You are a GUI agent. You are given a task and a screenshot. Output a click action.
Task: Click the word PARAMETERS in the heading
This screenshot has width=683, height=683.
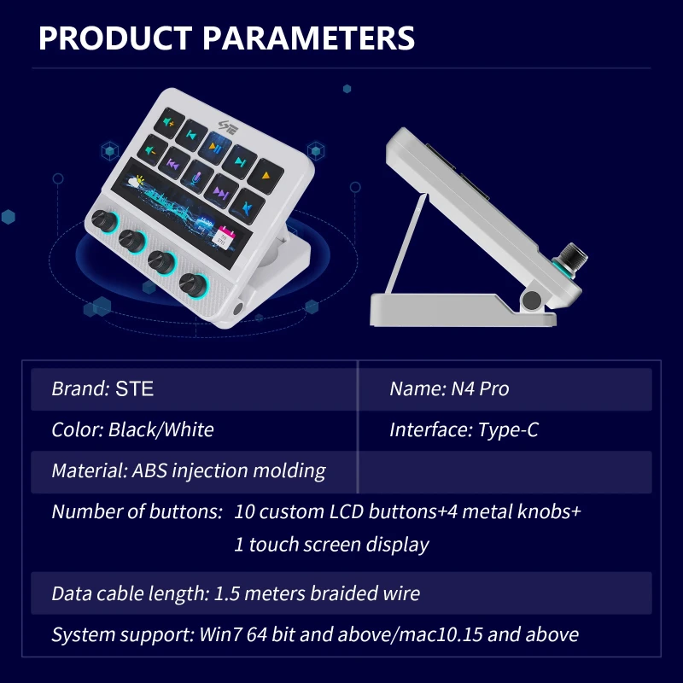click(x=308, y=38)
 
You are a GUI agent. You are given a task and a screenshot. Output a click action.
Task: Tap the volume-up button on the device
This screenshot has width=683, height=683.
click(x=169, y=123)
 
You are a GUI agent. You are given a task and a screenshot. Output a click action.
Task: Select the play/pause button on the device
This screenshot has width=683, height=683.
click(x=215, y=148)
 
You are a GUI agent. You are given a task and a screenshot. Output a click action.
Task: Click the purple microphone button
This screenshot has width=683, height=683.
click(x=197, y=177)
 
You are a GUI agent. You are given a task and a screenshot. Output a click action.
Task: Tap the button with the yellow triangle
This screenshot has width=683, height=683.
click(x=266, y=176)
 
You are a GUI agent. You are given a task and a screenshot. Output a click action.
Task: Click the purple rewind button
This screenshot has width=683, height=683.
click(x=173, y=163)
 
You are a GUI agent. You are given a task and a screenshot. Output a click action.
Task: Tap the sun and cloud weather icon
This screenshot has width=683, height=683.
click(x=136, y=181)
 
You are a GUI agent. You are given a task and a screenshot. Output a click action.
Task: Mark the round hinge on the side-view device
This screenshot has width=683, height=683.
click(x=531, y=301)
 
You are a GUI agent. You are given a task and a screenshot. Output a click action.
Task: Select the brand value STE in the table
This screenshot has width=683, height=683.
click(x=134, y=388)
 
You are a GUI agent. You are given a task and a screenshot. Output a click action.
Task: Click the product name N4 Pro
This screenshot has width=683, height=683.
click(x=480, y=388)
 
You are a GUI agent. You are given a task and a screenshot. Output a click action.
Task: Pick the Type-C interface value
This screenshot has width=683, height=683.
click(x=508, y=429)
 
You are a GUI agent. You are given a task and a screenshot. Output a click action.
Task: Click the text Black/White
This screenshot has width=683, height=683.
click(x=161, y=429)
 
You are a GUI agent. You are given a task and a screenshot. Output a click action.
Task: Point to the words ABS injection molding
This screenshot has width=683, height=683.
click(x=229, y=471)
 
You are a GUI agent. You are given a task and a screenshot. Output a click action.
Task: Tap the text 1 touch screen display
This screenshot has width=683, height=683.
click(x=331, y=545)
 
